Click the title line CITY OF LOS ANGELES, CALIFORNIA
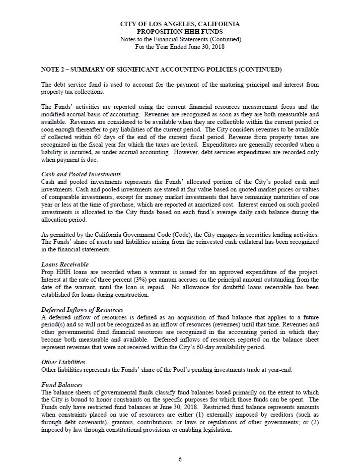pyautogui.click(x=180, y=24)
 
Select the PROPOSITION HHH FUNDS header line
pyautogui.click(x=180, y=31)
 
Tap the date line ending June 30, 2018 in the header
pyautogui.click(x=180, y=47)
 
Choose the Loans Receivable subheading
pyautogui.click(x=64, y=263)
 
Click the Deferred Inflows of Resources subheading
pyautogui.click(x=82, y=309)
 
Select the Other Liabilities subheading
pyautogui.click(x=63, y=362)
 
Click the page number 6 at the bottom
pyautogui.click(x=180, y=459)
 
